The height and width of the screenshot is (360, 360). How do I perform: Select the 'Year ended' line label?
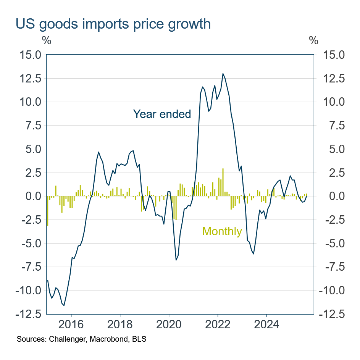pos(162,114)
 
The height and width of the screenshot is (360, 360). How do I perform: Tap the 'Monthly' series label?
pos(222,231)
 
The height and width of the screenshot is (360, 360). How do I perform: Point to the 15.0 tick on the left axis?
pos(30,55)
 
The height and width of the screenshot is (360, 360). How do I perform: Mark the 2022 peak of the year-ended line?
pos(223,74)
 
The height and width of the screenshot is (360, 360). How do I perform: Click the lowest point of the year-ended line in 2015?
pos(64,305)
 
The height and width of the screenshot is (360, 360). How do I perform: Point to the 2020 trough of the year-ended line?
pos(176,260)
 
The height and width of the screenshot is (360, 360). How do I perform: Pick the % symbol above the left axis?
pos(46,40)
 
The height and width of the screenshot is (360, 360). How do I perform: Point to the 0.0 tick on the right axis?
pos(333,196)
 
